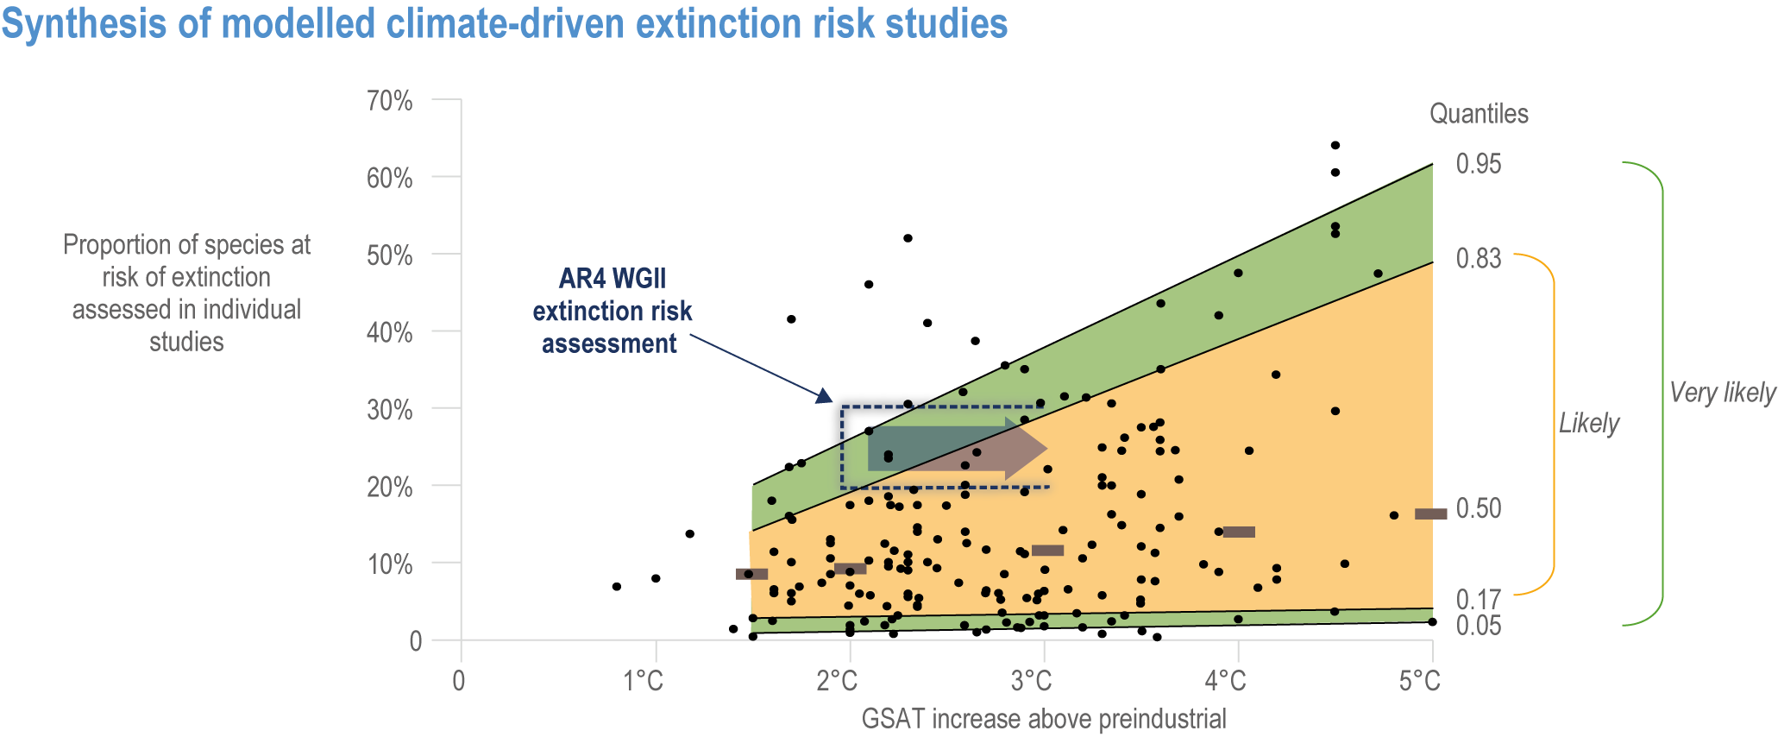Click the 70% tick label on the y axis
pos(390,101)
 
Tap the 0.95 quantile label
pos(1479,163)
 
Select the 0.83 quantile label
pos(1479,258)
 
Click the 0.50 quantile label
pos(1479,508)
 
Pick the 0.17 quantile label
pos(1479,598)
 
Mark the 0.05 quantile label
pos(1479,625)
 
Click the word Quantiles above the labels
pos(1479,113)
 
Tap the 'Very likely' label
pos(1722,394)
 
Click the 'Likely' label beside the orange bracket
pos(1589,423)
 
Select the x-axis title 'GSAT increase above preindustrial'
pos(1044,718)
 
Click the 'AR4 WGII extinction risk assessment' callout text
pos(612,311)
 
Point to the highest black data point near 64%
pos(1335,145)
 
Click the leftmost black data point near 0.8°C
pos(616,587)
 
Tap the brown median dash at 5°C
pos(1431,514)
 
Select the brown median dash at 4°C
pos(1239,532)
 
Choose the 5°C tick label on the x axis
pos(1419,682)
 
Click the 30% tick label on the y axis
pos(390,409)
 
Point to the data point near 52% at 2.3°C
pos(908,238)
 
